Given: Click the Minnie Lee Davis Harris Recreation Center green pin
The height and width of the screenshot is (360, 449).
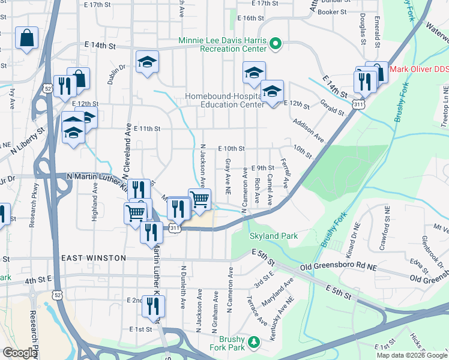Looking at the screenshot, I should pyautogui.click(x=276, y=43).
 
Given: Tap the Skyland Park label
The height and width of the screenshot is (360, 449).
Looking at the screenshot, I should pyautogui.click(x=274, y=236).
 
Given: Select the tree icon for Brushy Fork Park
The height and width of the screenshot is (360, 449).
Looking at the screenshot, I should pyautogui.click(x=255, y=341).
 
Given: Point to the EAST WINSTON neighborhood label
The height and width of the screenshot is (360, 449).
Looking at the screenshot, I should pyautogui.click(x=94, y=258).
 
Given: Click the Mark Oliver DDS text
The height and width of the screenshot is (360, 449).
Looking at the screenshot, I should pyautogui.click(x=419, y=69).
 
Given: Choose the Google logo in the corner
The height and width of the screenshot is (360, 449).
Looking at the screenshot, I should pyautogui.click(x=20, y=353).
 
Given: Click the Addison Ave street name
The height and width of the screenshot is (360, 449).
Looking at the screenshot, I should pyautogui.click(x=308, y=130).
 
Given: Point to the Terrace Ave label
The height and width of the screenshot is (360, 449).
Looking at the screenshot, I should pyautogui.click(x=258, y=310).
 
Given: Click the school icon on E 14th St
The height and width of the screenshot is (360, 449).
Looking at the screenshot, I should pyautogui.click(x=147, y=62).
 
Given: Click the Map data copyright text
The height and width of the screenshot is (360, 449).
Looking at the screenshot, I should pyautogui.click(x=412, y=355).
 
